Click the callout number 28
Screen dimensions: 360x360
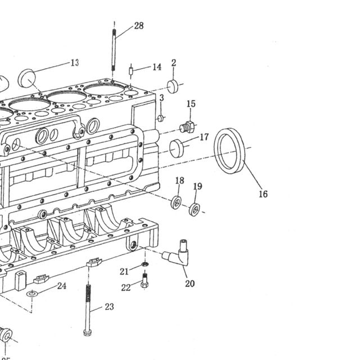click(139, 25)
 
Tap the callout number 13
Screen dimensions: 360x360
click(75, 62)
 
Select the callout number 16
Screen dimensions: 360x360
click(263, 194)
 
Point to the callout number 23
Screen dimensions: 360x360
click(109, 307)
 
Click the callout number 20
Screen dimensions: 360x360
click(190, 283)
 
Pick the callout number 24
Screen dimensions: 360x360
click(62, 286)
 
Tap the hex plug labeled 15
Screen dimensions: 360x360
click(187, 127)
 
